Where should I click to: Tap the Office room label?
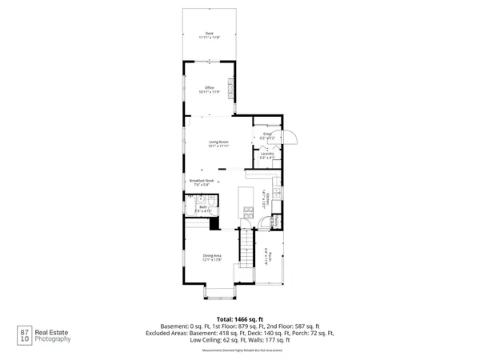[x=210, y=90]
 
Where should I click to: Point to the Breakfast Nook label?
[x=202, y=183]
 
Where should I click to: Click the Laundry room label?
[x=267, y=155]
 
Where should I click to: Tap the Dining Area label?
[x=211, y=258]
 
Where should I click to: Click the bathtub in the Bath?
[x=193, y=214]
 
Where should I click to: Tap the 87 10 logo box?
[x=25, y=334]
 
